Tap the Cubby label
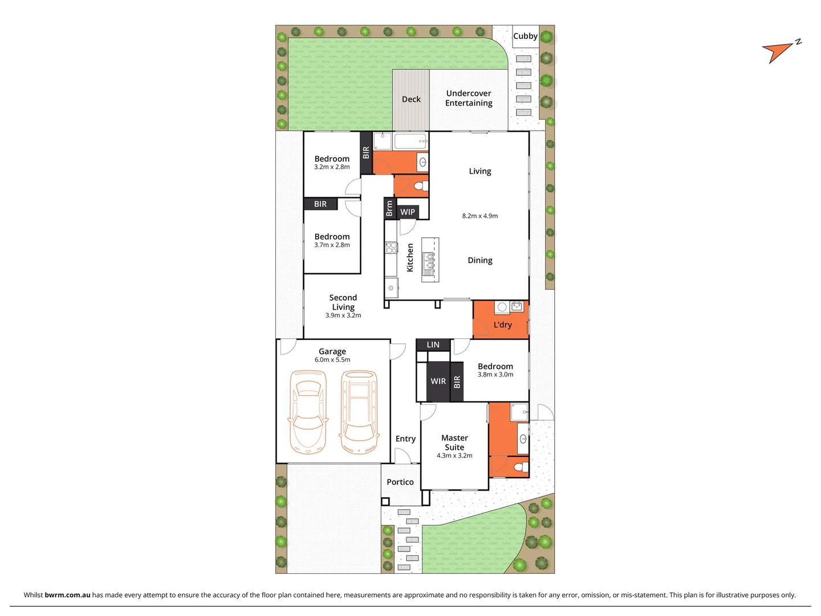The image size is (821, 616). point(525,36)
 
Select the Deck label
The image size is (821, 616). point(411,99)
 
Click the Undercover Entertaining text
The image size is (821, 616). point(469,98)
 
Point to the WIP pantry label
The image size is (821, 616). point(408,212)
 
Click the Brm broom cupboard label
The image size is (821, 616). point(389,209)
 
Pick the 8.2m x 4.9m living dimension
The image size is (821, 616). point(480,216)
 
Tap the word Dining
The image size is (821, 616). point(480,260)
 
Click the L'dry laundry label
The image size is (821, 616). point(502,325)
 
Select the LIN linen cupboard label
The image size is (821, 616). point(433,345)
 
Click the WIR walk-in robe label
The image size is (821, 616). point(438,382)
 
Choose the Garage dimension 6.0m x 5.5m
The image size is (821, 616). point(332,360)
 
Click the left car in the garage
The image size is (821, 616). point(308,411)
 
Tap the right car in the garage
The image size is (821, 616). point(359,411)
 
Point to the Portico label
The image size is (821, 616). point(400,482)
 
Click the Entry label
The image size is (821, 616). point(405,439)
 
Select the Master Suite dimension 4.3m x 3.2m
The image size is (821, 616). point(454,456)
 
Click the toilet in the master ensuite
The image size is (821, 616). point(519,468)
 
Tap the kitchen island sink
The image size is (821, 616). point(428,263)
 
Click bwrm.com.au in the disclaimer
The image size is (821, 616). point(67,595)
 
